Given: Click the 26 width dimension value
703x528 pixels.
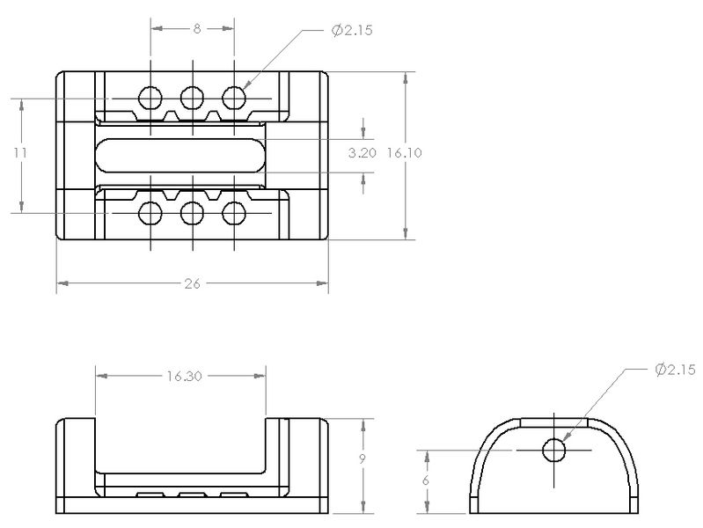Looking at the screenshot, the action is coord(192,283).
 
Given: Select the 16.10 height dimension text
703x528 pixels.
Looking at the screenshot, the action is coord(405,153).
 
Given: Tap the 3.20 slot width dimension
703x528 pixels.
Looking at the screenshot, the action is coord(362,153).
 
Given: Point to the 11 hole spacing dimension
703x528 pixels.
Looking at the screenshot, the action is coord(20,153).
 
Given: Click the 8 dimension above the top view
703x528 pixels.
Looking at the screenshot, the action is coord(197,29).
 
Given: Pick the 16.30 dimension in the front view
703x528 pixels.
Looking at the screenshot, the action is coord(184,376).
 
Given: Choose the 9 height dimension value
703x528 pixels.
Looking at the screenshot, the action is coord(362,459).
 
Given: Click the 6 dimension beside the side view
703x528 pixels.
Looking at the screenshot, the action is coord(426,480).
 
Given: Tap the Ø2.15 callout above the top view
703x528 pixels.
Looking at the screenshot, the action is coord(352,31).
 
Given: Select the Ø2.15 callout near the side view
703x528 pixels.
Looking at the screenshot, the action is coord(675,370).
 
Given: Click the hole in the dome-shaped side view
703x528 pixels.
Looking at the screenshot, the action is coord(553,450).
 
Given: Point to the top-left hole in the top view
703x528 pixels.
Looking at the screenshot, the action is coord(150,98).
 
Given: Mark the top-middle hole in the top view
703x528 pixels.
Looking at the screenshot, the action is coord(193,98).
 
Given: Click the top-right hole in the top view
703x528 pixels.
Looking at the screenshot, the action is coord(234,98).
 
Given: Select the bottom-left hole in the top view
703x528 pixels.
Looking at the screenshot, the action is coord(150,213).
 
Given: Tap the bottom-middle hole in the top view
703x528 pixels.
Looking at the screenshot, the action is coord(193,213).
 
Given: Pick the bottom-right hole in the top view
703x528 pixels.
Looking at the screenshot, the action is coord(234,213).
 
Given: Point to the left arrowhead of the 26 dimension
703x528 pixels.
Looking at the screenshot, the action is coord(62,283).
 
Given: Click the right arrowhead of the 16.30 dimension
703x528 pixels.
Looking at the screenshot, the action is coord(260,376).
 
